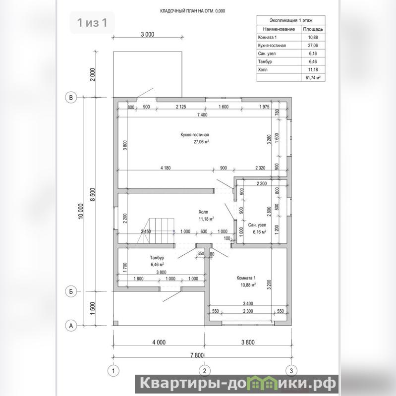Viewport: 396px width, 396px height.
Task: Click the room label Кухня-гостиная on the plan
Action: pyautogui.click(x=195, y=135)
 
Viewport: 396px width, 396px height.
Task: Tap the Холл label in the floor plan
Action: pyautogui.click(x=203, y=212)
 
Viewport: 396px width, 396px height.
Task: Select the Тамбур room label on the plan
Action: pyautogui.click(x=157, y=258)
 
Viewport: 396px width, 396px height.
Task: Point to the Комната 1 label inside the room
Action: pyautogui.click(x=246, y=278)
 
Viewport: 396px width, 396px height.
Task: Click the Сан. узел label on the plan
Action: pyautogui.click(x=257, y=225)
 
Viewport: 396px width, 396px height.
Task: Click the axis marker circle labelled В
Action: pyautogui.click(x=71, y=97)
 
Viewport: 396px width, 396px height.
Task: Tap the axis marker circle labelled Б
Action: pyautogui.click(x=71, y=291)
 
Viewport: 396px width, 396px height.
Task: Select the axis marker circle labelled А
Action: pyautogui.click(x=71, y=326)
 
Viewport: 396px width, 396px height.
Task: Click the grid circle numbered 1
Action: pyautogui.click(x=113, y=371)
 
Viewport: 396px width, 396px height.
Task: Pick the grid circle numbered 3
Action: pyautogui.click(x=291, y=371)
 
